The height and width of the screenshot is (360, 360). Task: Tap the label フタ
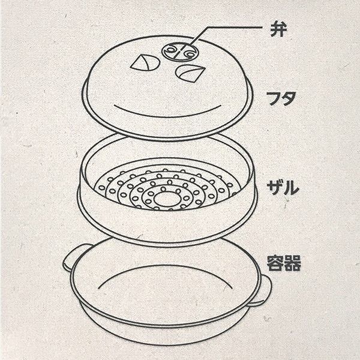pos(281,98)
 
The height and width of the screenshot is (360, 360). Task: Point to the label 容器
pos(284,263)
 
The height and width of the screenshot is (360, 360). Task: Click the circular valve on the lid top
pos(179,52)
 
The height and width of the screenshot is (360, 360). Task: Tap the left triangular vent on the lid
pos(145,62)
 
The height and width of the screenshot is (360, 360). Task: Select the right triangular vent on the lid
pos(190,73)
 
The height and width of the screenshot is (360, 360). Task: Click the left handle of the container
pos(71,257)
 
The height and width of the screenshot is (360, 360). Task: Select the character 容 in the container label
pos(275,263)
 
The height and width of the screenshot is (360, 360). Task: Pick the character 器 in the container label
pos(293,263)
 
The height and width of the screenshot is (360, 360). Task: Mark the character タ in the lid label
pos(288,99)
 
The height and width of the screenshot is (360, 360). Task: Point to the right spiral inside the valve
pos(189,54)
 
